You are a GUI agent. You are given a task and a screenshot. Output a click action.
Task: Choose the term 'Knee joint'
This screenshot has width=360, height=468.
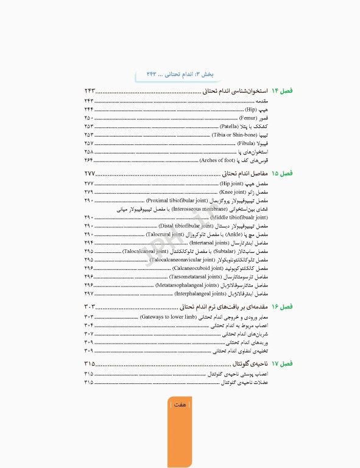coord(231,192)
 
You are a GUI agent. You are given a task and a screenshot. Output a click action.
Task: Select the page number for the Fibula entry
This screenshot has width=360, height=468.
coord(89,143)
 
